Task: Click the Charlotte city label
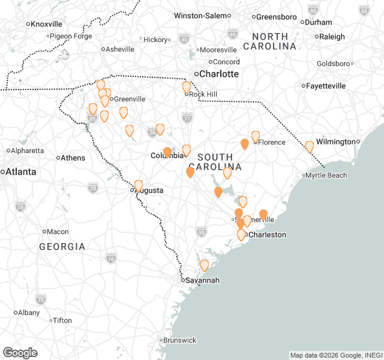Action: pos(219,74)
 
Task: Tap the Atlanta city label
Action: pos(21,172)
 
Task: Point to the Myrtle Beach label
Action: pos(326,175)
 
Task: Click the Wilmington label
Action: pos(337,142)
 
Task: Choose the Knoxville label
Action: pos(47,24)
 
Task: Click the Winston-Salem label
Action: pos(201,15)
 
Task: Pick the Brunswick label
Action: pos(179,340)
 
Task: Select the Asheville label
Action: pos(120,49)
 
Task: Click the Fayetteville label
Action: pos(326,86)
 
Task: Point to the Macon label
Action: pos(58,232)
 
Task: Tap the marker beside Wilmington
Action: pos(310,146)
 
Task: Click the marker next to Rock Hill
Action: pos(187,87)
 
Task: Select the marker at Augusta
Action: pos(139,185)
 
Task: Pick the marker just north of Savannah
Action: pos(204,265)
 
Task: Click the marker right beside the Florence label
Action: pos(256,136)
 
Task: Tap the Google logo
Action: pos(20,353)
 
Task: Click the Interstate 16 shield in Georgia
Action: pos(110,258)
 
